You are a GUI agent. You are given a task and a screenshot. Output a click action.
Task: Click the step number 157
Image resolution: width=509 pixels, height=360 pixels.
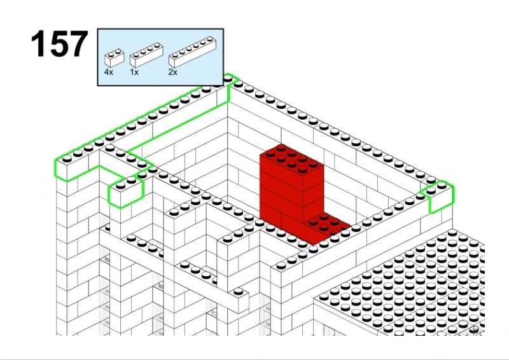tap(59, 44)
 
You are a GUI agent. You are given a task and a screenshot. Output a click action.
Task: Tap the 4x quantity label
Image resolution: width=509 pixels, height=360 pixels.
tap(109, 72)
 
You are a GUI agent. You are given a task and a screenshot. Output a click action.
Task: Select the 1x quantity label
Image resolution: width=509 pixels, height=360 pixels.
tap(134, 72)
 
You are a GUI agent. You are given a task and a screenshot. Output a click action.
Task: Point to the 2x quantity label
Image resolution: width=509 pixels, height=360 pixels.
tap(172, 72)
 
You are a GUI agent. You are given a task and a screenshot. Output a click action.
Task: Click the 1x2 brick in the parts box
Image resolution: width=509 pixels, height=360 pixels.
tap(115, 58)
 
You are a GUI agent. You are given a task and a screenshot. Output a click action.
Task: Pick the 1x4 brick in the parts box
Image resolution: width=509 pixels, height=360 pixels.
tap(146, 55)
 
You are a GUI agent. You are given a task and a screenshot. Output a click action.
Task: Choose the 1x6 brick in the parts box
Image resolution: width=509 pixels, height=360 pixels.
tap(193, 52)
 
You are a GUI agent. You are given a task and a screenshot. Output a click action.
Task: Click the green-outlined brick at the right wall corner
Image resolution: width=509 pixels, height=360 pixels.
tap(439, 197)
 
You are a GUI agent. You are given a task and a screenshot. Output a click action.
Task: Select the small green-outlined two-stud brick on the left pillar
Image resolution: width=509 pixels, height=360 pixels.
tap(125, 192)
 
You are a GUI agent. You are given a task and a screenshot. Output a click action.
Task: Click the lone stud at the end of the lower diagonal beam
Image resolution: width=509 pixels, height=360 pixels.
tap(238, 291)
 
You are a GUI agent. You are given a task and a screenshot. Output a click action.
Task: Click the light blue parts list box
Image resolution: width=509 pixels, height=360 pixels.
tap(160, 57)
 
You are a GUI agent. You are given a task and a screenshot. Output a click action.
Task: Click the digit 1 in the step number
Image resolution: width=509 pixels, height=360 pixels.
tap(38, 44)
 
